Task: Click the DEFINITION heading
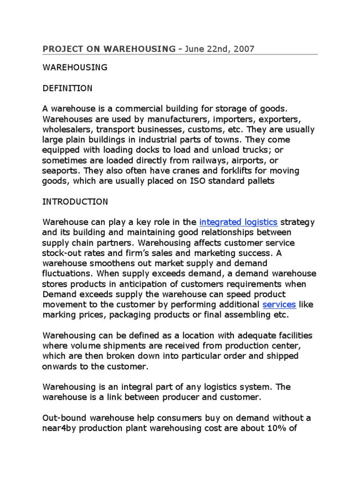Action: [67, 88]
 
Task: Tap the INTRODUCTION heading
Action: [75, 202]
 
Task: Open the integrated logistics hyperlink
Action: [239, 222]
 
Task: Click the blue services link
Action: [279, 304]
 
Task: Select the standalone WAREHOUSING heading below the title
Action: [75, 67]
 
